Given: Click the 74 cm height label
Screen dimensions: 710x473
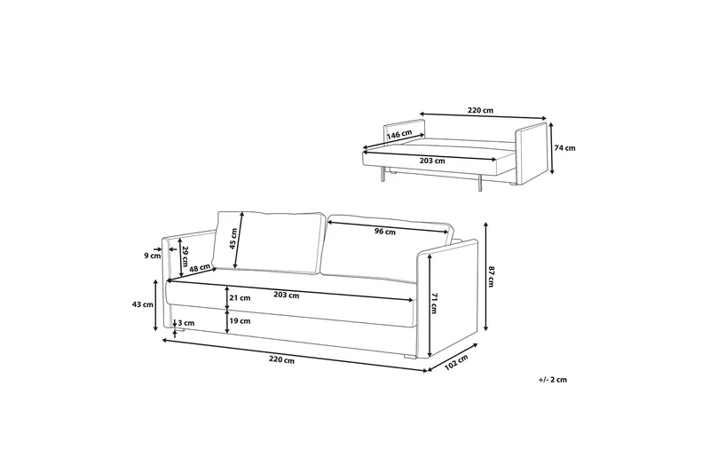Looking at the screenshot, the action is click(565, 148).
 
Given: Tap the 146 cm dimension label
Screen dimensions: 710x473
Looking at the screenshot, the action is click(398, 133).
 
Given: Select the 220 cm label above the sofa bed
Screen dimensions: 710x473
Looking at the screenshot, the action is click(480, 110).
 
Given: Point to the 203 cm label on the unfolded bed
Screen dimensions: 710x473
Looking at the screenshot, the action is click(432, 161).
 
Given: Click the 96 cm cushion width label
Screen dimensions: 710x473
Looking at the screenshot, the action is click(385, 232).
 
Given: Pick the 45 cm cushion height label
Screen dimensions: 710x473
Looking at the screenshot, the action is click(233, 239).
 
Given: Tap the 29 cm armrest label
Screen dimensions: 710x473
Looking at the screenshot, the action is click(185, 256).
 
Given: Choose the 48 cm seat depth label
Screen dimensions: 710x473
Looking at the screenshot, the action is click(200, 268).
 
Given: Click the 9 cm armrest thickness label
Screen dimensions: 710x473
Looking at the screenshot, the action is click(153, 256).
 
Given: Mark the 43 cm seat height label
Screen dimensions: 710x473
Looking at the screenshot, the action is click(142, 304).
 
